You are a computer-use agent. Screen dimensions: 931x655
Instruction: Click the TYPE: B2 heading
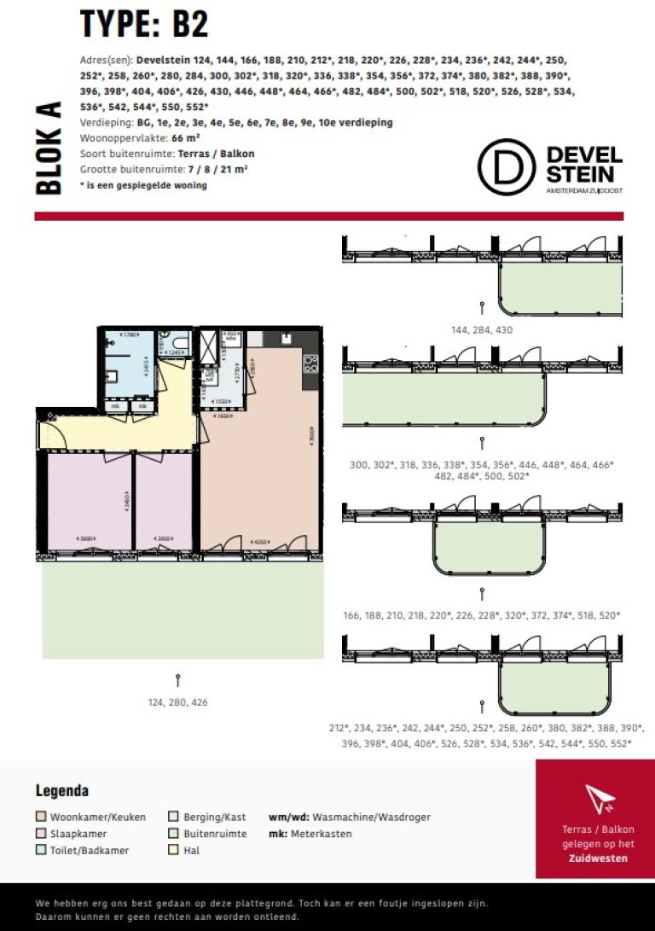coord(144,24)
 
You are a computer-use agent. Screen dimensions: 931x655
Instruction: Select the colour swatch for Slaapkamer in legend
coord(40,834)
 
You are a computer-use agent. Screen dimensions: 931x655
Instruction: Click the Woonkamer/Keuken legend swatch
coord(40,817)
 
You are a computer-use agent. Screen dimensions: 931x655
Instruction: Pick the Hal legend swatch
coord(173,851)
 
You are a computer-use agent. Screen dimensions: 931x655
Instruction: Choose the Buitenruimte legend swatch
coord(173,834)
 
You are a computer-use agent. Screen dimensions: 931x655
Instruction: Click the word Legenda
coord(62,791)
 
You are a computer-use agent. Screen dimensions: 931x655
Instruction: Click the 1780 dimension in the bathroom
coord(129,335)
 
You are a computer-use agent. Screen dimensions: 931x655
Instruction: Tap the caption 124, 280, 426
coord(177,702)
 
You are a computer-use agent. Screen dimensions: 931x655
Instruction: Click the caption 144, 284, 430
coord(482,329)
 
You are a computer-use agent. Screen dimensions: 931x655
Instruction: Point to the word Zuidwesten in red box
coord(598,858)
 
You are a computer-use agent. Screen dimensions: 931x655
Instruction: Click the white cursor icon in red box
coord(600,798)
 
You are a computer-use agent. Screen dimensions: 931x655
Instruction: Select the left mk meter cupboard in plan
coord(114,406)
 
